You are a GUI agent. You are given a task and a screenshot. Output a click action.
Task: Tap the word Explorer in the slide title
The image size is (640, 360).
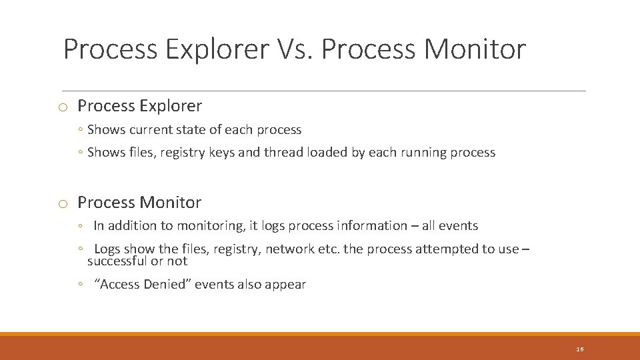pyautogui.click(x=215, y=49)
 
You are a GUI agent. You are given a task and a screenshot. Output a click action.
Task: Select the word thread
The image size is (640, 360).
pyautogui.click(x=283, y=152)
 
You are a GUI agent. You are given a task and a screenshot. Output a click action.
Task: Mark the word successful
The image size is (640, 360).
pyautogui.click(x=118, y=261)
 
